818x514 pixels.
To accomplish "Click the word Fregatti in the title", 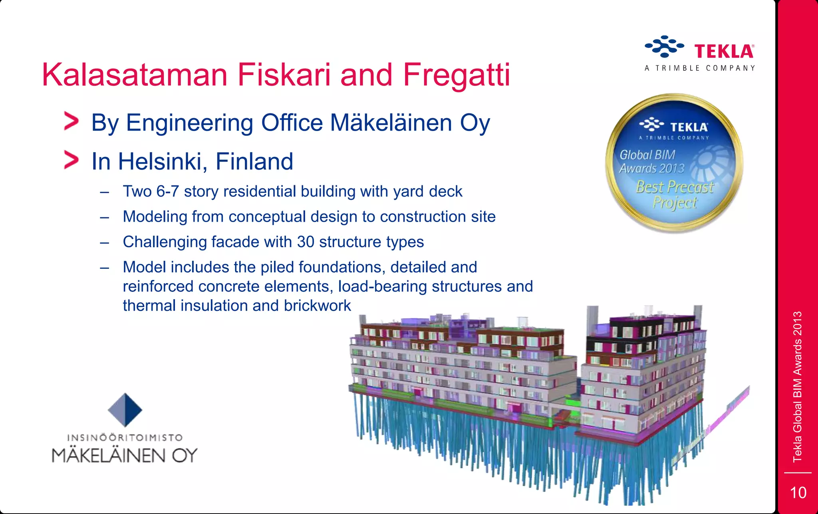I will (456, 75).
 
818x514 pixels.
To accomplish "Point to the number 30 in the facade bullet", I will (306, 242).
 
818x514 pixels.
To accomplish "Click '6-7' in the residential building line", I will (167, 192).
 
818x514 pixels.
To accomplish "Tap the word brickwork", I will (317, 306).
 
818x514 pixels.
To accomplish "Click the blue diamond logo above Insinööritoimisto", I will (125, 410).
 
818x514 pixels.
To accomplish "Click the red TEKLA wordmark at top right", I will (724, 52).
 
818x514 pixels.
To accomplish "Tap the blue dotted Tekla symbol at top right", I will (664, 47).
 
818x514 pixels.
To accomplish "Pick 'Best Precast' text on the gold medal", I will (674, 187).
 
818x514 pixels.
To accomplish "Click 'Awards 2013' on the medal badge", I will (652, 168).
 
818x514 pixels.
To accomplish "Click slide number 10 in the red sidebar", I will (798, 493).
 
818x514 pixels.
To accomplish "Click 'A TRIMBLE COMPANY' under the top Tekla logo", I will (700, 68).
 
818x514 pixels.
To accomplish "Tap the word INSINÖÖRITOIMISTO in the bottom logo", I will (125, 438).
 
